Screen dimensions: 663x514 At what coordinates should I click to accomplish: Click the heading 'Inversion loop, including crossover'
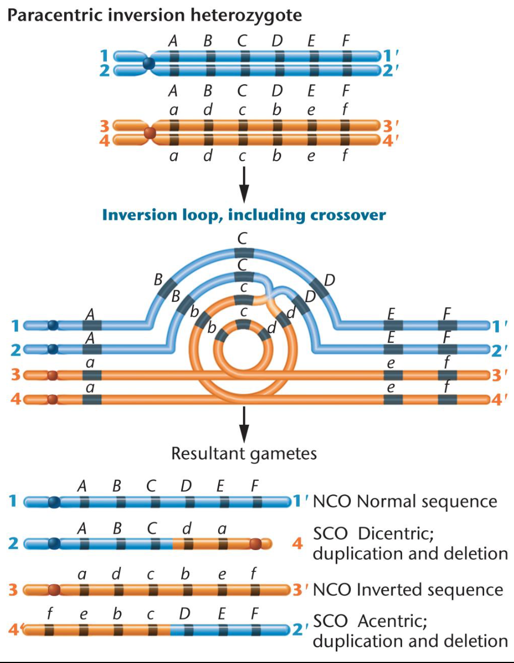point(244,215)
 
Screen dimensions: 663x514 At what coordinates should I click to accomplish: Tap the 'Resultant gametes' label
point(244,453)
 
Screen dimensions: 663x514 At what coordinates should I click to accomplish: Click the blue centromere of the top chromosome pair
point(148,63)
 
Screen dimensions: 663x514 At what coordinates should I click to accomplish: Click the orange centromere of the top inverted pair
point(150,133)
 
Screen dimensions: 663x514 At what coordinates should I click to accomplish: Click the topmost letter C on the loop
point(242,239)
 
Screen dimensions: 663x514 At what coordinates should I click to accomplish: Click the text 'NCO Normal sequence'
point(405,501)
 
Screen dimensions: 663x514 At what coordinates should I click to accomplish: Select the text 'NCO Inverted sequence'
point(408,589)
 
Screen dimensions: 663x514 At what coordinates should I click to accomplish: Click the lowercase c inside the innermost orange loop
point(243,311)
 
